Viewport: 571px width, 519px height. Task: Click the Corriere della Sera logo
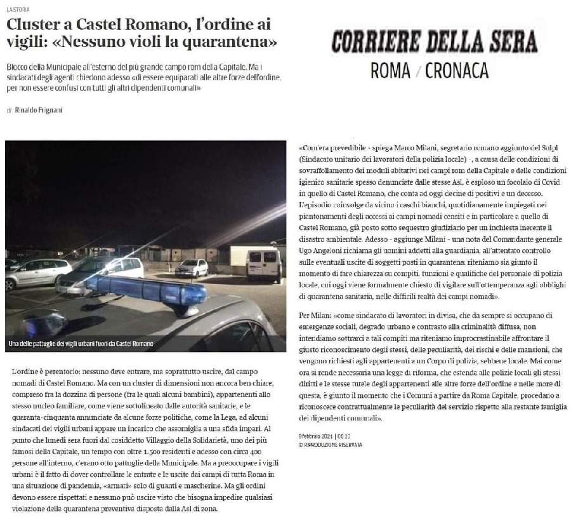pyautogui.click(x=435, y=41)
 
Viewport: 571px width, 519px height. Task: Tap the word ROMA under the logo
pyautogui.click(x=390, y=71)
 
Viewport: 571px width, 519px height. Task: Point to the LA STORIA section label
pyautogui.click(x=17, y=10)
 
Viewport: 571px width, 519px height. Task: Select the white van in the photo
pyautogui.click(x=263, y=262)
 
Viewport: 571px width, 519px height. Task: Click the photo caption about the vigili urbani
pyautogui.click(x=81, y=344)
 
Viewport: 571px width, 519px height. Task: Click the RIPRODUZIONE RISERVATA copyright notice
pyautogui.click(x=330, y=445)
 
